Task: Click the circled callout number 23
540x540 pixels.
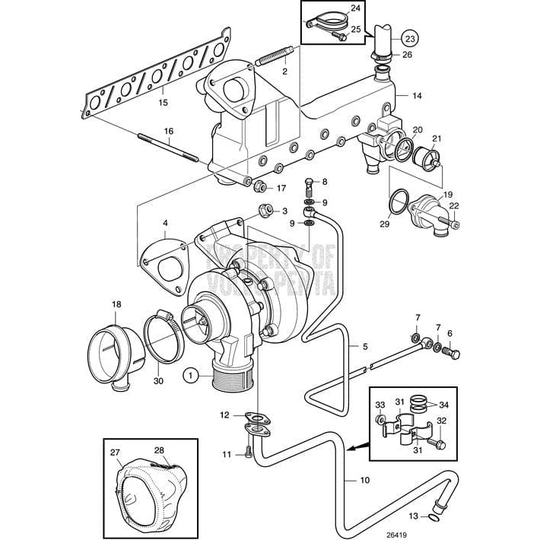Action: tap(409, 38)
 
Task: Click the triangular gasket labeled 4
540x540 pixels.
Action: tap(163, 262)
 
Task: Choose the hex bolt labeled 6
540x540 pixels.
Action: tap(454, 353)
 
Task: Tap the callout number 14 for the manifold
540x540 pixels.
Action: tap(416, 97)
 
